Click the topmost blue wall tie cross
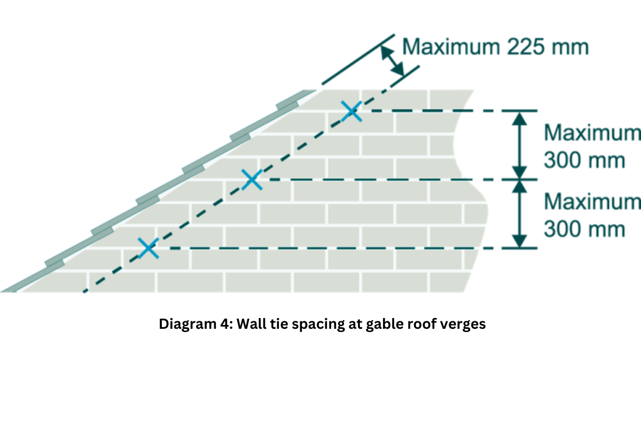click(x=351, y=111)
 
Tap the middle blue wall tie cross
click(x=252, y=180)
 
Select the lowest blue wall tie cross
click(x=148, y=248)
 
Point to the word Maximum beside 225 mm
click(x=449, y=47)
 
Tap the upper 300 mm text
click(x=584, y=160)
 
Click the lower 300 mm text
click(x=584, y=229)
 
